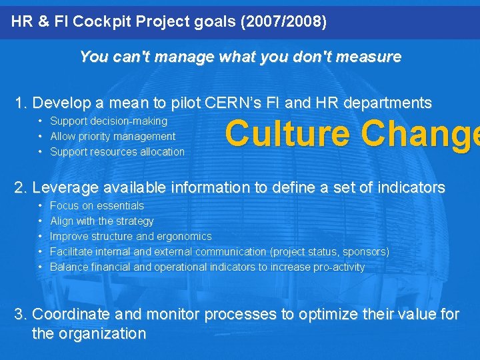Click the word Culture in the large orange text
coord(287,133)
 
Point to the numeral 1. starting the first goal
coord(21,103)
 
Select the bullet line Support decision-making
coord(109,121)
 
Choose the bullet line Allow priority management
coord(113,136)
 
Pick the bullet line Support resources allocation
coord(117,151)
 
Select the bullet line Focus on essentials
coord(97,205)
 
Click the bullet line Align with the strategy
coord(101,221)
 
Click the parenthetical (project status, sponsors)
coord(329,251)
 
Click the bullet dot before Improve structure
coord(41,236)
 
